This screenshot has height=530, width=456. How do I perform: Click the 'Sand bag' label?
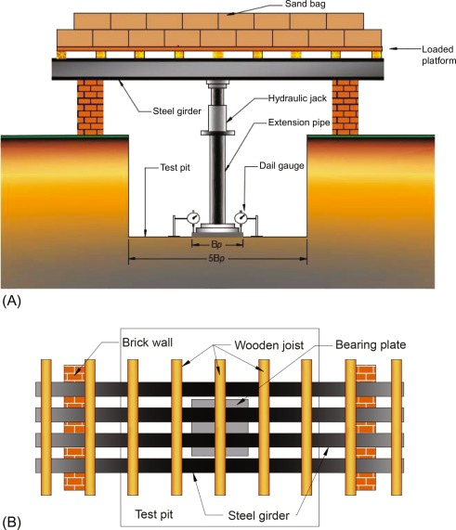pos(306,4)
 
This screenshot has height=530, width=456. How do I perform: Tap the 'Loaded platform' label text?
pos(438,55)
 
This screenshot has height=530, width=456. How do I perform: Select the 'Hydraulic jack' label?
pos(297,98)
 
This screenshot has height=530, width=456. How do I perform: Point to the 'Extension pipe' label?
pos(299,123)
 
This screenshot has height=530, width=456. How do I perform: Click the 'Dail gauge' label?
pos(281,165)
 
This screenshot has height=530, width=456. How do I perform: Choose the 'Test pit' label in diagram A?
pos(175,168)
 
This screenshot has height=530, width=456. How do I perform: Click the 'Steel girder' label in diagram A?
pos(176,111)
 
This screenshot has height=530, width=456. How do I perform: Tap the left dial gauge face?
pos(193,218)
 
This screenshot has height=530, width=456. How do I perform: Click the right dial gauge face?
pos(241,218)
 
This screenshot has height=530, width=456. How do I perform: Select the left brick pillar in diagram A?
pos(90,108)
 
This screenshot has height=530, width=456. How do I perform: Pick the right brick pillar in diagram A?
pos(345,108)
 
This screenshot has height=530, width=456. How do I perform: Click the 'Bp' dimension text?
pos(216,244)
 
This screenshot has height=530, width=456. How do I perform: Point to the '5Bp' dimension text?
pos(216,259)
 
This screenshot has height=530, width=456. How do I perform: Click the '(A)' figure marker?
pos(11,300)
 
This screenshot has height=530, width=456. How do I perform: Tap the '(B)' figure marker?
pos(11,523)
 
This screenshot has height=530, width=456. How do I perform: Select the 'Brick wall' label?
pos(148,343)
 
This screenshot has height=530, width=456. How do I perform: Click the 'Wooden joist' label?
pos(269,345)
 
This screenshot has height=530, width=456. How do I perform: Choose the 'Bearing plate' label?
pos(371,344)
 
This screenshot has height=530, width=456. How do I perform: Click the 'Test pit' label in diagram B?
pos(154,514)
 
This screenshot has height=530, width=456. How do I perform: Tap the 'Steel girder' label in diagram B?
pos(259,515)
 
